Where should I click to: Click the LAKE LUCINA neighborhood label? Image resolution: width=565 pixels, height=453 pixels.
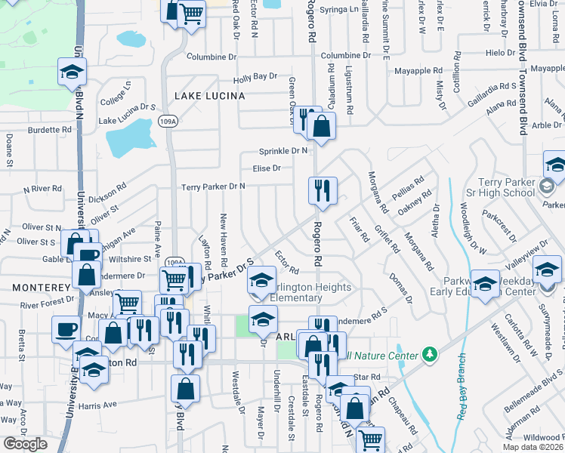click(x=209, y=96)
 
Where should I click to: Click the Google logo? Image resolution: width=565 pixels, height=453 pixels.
click(x=25, y=443)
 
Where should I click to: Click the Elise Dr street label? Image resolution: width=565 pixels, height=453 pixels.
click(x=267, y=168)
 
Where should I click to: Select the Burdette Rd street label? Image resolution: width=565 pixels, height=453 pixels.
click(x=48, y=130)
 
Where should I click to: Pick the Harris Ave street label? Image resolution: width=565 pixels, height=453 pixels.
click(x=97, y=405)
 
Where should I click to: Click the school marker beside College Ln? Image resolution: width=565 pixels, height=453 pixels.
click(x=72, y=72)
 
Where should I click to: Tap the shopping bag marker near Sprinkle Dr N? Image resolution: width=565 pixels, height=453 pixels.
click(x=322, y=126)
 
